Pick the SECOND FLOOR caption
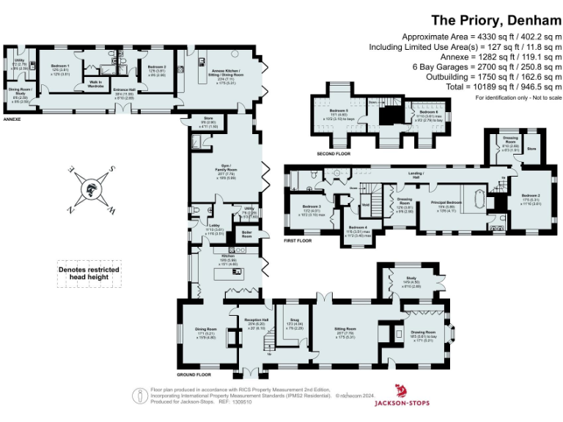(334, 155)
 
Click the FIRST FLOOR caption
(298, 240)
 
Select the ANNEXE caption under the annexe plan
(12, 118)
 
